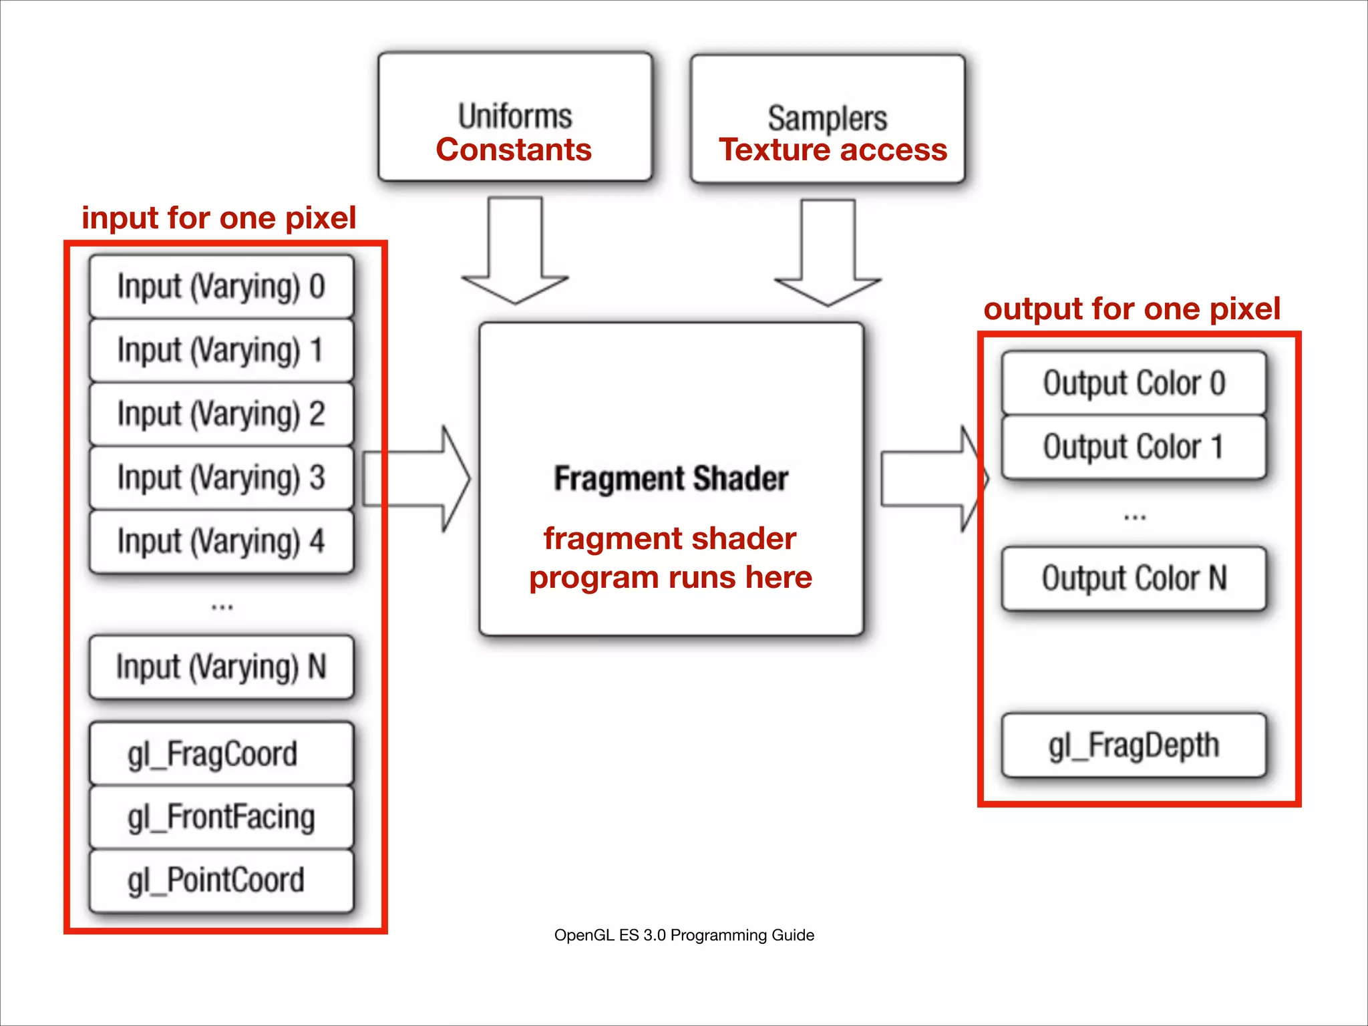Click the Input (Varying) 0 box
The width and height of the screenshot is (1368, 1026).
click(221, 286)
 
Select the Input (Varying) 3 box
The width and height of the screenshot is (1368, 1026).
click(221, 478)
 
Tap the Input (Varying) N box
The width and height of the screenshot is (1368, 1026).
click(221, 667)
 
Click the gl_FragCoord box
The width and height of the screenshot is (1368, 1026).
click(221, 753)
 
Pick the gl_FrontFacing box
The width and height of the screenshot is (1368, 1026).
click(221, 817)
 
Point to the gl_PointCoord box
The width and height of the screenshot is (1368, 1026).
click(221, 880)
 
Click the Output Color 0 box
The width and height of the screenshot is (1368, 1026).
click(1134, 383)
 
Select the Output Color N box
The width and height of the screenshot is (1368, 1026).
click(1134, 578)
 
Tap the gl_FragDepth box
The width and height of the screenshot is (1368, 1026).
click(1134, 745)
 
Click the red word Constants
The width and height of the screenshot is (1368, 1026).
click(514, 150)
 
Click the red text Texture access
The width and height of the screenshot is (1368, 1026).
click(832, 150)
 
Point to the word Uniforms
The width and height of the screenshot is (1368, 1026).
click(515, 116)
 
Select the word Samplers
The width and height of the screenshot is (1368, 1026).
click(827, 118)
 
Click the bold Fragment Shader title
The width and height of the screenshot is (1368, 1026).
click(671, 478)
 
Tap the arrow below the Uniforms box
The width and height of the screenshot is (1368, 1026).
click(515, 254)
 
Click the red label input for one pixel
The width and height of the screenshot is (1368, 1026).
click(218, 218)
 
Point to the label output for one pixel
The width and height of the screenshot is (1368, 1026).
click(1132, 309)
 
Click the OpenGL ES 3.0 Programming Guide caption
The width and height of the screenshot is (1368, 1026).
click(684, 934)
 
